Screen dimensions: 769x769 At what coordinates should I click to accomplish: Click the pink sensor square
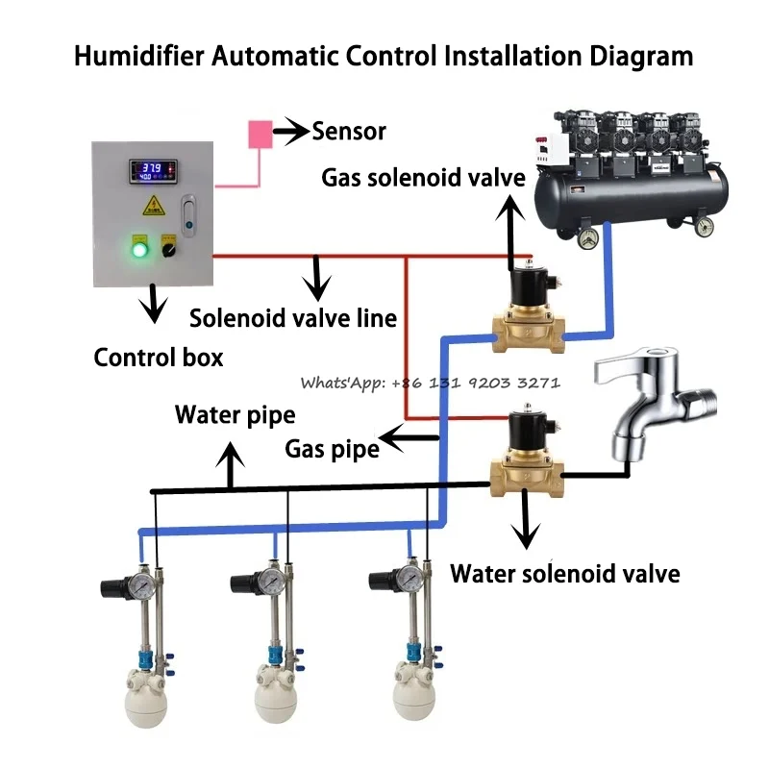coord(260,134)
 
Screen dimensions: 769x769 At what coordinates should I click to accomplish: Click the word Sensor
coord(349,132)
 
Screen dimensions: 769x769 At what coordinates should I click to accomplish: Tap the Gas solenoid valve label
coord(423,178)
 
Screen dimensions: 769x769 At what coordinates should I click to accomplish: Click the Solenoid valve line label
coord(293,318)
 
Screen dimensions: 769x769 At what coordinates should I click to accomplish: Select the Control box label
coord(159,358)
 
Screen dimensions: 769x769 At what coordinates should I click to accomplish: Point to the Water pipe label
coord(235,415)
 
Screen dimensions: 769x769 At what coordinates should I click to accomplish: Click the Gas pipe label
coord(332,447)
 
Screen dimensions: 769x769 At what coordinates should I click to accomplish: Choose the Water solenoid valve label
coord(565,574)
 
